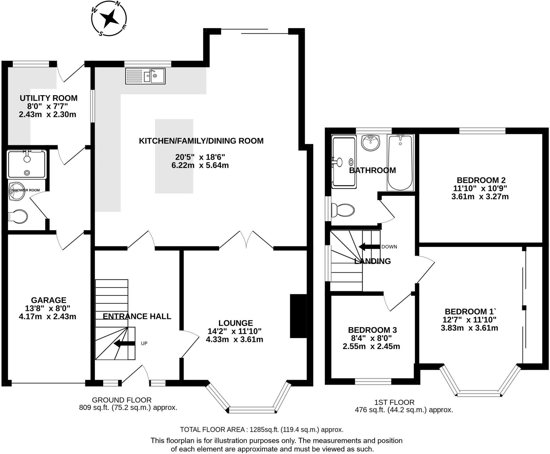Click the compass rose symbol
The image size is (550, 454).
click(109, 18)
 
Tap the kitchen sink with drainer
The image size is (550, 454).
click(145, 76)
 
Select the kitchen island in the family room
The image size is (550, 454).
click(174, 156)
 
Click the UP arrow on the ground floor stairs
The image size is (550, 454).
click(124, 343)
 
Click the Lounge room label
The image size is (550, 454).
click(236, 323)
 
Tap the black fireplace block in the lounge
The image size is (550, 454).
click(298, 316)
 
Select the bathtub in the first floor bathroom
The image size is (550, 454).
click(400, 163)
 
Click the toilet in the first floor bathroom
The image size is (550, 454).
click(343, 210)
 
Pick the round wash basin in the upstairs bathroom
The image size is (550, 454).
click(371, 143)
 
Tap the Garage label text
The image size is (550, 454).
click(49, 300)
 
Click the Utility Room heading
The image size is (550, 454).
click(49, 98)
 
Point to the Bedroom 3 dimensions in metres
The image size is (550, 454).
click(371, 346)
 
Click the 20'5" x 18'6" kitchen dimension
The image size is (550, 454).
click(200, 157)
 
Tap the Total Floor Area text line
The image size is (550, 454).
click(262, 430)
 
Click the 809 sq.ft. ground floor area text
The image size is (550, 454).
click(128, 408)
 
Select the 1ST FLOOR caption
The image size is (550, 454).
click(395, 402)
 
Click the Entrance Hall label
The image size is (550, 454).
click(137, 316)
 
